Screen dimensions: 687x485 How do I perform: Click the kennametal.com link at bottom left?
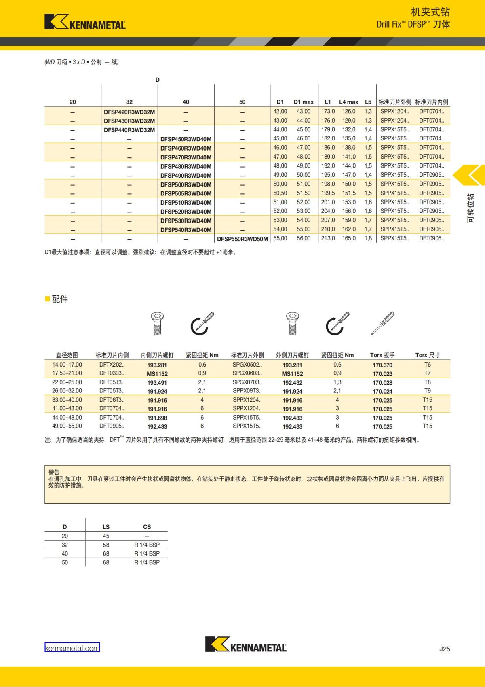[x=72, y=648]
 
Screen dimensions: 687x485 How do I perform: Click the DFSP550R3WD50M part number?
[x=242, y=239]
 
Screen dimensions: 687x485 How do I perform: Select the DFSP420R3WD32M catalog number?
[x=129, y=112]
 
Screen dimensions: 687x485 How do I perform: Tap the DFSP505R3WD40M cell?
[x=186, y=193]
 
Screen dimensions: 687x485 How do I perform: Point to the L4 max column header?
[x=348, y=102]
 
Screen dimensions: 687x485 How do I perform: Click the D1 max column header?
[x=304, y=102]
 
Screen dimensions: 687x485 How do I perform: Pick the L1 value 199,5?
[x=328, y=193]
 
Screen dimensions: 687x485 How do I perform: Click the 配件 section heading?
[x=60, y=299]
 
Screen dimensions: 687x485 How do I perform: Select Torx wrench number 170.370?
[x=382, y=365]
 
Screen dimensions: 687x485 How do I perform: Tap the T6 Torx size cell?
[x=428, y=365]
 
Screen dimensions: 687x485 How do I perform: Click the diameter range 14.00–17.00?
[x=67, y=365]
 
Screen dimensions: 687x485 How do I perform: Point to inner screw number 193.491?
[x=157, y=383]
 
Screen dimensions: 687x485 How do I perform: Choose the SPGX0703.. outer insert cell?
[x=247, y=382]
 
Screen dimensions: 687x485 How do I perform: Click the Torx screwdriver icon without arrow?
[x=382, y=323]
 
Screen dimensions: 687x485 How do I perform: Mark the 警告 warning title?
[x=54, y=472]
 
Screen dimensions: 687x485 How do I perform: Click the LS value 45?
[x=106, y=536]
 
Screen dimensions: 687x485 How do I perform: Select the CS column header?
[x=147, y=527]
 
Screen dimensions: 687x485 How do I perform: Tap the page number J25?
[x=445, y=649]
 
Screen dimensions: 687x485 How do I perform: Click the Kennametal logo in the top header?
[x=85, y=22]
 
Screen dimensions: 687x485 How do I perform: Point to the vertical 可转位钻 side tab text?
[x=470, y=208]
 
